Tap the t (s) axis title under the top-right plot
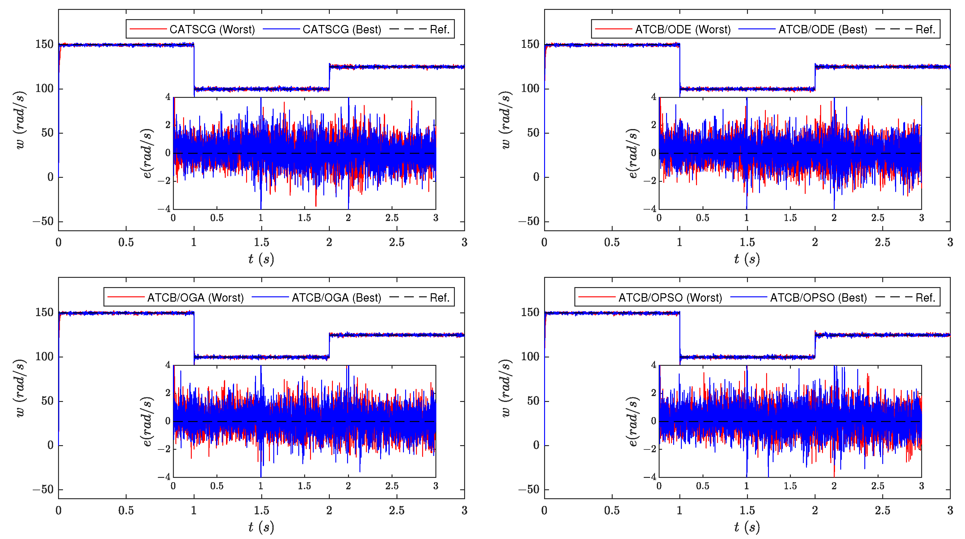(747, 258)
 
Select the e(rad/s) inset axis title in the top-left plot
(147, 153)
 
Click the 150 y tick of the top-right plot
(530, 44)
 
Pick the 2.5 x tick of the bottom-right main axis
(882, 510)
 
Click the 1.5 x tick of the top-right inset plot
(790, 218)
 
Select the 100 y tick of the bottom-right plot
(530, 357)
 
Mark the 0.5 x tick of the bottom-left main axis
(126, 510)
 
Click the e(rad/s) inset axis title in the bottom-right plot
(633, 421)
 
